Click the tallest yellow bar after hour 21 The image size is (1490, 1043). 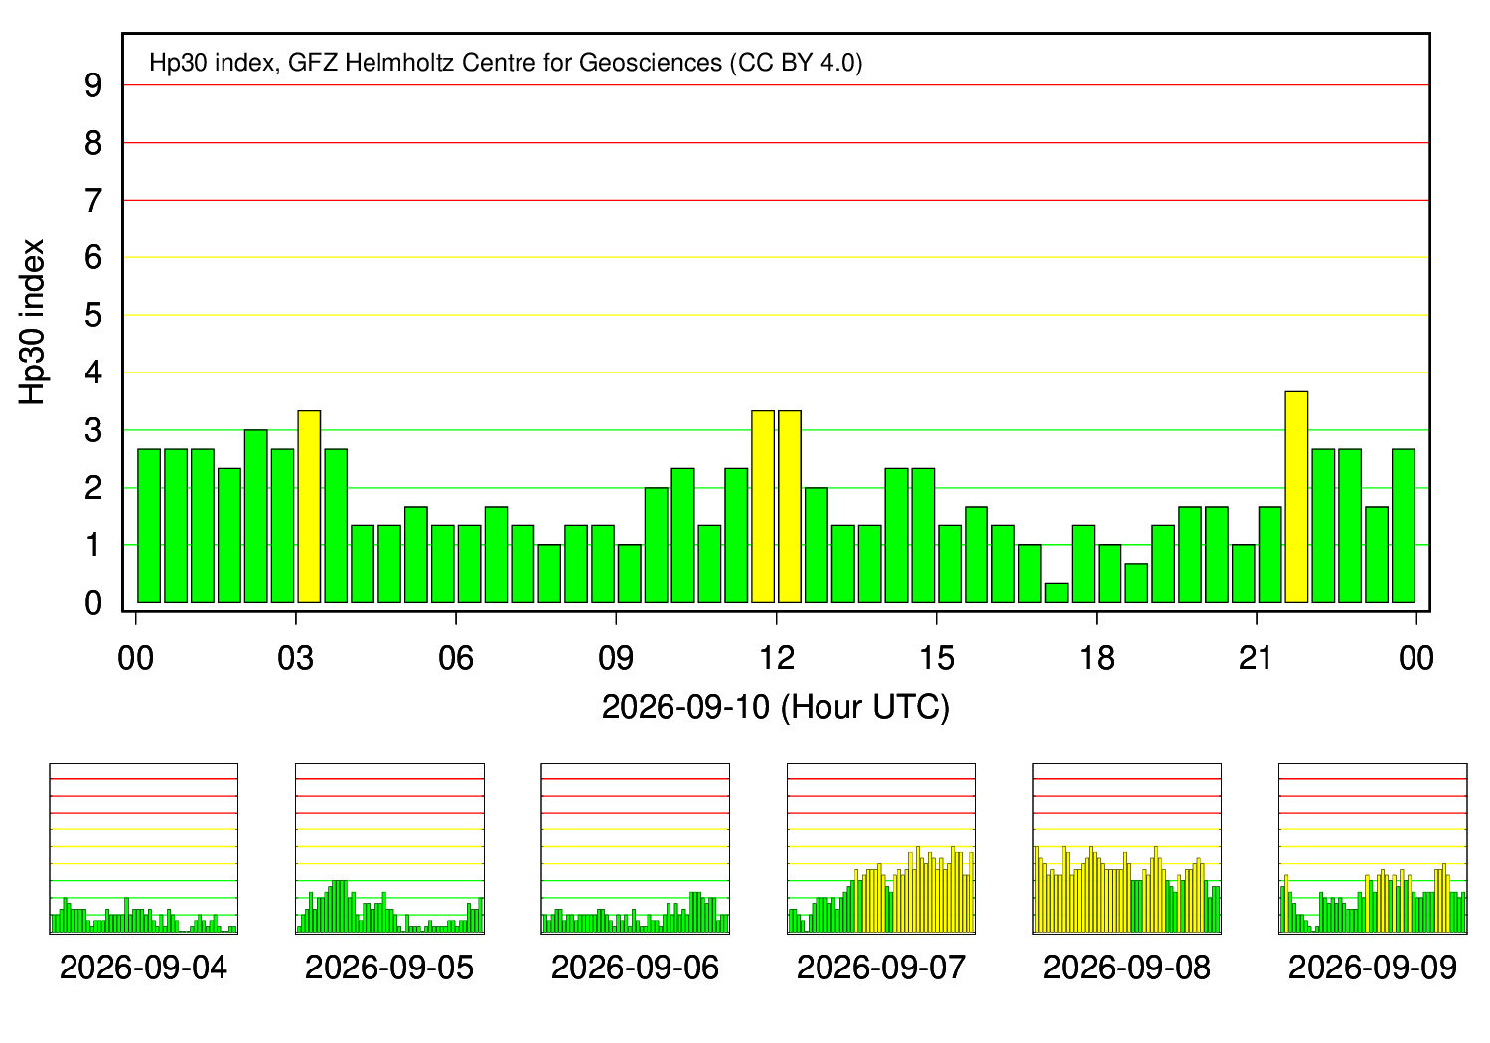[1296, 497]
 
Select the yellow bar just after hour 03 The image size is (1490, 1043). [309, 507]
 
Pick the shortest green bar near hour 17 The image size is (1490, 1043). [1056, 593]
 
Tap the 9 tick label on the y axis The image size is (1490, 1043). [93, 85]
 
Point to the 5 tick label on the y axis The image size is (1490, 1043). [93, 315]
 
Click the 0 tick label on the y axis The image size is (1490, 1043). [93, 603]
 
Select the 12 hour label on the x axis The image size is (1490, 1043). [776, 658]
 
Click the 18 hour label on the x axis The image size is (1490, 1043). [1097, 658]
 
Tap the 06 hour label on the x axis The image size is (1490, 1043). [456, 658]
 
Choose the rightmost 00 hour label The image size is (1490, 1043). [1416, 658]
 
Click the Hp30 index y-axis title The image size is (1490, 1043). [31, 322]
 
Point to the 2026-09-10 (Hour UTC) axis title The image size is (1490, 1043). [776, 707]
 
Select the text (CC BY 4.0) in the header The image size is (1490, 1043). [797, 63]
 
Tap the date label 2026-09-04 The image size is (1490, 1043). [144, 968]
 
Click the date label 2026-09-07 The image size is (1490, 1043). [881, 968]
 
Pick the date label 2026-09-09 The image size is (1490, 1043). [1372, 968]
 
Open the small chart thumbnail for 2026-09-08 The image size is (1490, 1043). [1126, 848]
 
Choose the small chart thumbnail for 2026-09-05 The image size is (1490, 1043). [389, 848]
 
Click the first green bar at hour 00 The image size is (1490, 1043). [149, 525]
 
